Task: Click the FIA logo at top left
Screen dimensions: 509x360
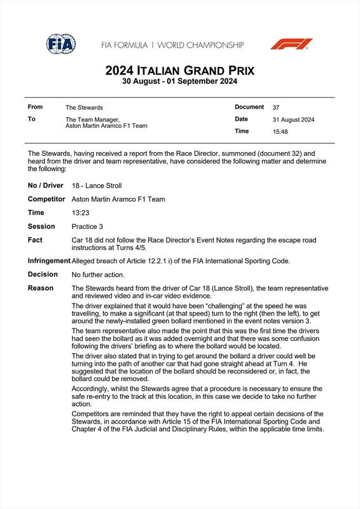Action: [61, 44]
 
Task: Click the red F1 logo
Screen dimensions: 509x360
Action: [291, 44]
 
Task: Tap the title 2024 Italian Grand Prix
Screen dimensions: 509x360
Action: [179, 71]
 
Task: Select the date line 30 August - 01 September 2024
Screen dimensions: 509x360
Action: [179, 81]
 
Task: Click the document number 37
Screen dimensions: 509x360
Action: [276, 108]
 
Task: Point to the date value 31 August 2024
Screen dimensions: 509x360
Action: [293, 120]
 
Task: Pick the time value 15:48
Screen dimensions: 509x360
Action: [280, 132]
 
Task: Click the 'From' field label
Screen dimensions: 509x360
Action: [36, 107]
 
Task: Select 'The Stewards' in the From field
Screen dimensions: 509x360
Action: [84, 108]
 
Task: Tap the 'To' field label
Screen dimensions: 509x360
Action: [32, 119]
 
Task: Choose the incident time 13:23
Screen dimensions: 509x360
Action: [81, 213]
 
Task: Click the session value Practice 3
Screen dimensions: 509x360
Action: [87, 227]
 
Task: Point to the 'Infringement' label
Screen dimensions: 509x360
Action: [49, 261]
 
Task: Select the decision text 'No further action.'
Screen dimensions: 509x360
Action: [98, 275]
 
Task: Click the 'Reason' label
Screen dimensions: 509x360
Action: [41, 288]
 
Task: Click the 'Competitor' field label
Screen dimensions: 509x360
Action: [46, 199]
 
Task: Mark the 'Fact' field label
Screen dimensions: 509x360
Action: [36, 240]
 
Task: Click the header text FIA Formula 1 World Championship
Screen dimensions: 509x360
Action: [172, 45]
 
